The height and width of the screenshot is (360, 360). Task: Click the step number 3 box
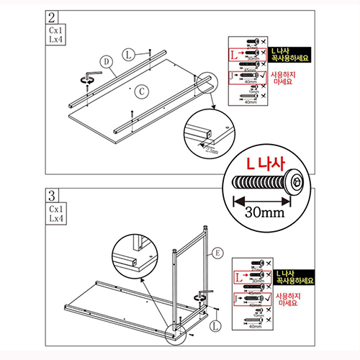[51, 195]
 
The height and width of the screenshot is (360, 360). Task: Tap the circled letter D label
[106, 63]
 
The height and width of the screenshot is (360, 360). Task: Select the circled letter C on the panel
[143, 90]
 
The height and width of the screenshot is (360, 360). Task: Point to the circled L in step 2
[127, 54]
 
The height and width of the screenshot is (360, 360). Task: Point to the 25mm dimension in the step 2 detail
[210, 150]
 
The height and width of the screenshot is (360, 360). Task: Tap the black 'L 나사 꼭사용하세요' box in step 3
[293, 277]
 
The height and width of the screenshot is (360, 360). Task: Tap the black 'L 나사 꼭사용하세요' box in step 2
[293, 55]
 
